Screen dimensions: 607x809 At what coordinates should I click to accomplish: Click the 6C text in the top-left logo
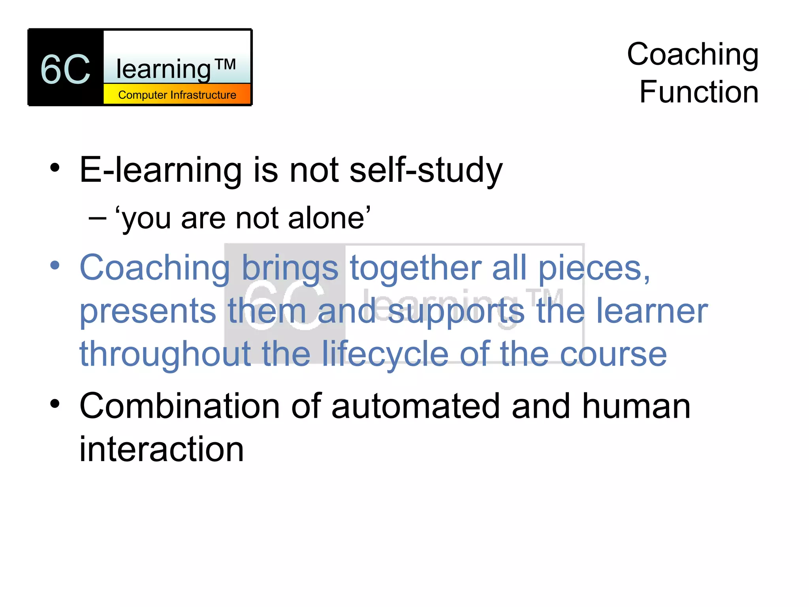(x=66, y=70)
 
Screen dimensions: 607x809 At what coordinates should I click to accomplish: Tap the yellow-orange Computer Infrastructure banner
(x=177, y=95)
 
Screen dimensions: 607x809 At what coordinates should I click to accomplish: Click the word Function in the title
(x=699, y=92)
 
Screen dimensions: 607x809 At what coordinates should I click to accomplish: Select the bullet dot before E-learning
(x=55, y=168)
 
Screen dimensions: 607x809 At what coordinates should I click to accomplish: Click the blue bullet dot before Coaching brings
(x=55, y=265)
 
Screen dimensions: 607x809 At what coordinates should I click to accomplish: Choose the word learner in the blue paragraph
(x=652, y=311)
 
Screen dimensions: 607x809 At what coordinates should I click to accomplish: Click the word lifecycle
(x=385, y=354)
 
